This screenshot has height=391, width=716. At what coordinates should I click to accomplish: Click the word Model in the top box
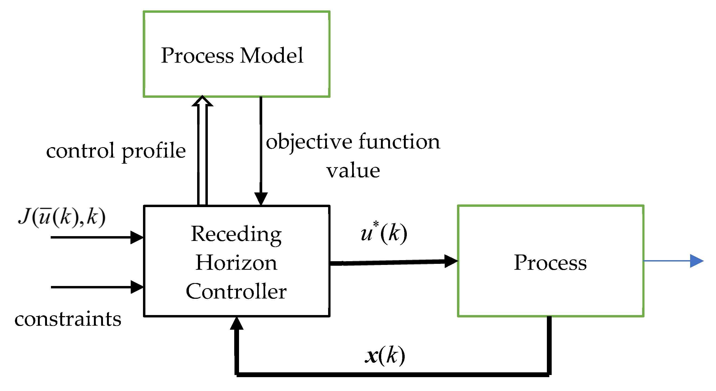pos(272,55)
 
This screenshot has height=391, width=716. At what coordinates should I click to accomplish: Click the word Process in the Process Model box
pos(197,55)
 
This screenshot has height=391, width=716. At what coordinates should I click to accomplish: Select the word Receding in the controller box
pos(236,234)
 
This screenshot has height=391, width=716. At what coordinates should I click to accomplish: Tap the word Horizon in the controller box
pos(236,263)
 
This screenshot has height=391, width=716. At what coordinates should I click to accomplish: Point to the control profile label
pos(116,151)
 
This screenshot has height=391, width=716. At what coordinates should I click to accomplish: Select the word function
pos(399,142)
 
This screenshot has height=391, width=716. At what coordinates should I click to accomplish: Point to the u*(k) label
pos(384,233)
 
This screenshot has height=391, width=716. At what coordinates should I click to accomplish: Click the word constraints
pos(68,319)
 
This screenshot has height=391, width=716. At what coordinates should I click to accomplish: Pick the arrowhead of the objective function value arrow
pos(261,198)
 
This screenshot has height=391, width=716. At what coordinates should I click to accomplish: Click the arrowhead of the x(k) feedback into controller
pos(237,324)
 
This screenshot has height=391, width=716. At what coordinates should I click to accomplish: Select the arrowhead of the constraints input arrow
pos(137,287)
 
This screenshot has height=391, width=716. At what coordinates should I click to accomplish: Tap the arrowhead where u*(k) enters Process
pos(451,261)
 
